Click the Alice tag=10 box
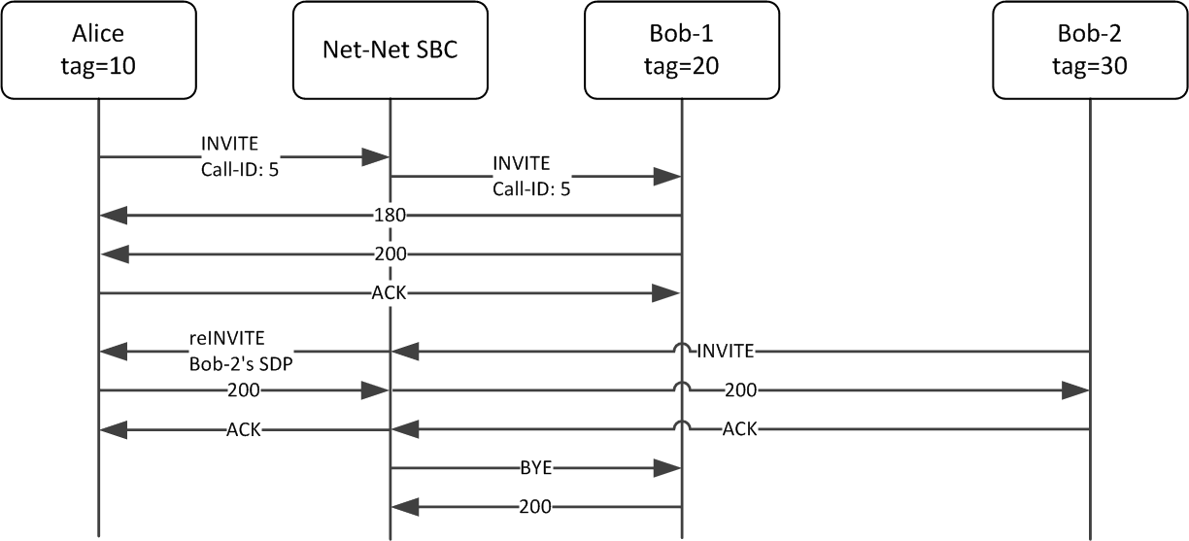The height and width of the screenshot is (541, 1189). (98, 49)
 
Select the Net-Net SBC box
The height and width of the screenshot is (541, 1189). (390, 49)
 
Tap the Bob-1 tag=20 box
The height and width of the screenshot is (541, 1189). (681, 49)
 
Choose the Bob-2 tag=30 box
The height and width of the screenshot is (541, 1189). (1089, 49)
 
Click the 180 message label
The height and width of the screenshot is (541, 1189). (390, 215)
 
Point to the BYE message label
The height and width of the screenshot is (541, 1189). (535, 467)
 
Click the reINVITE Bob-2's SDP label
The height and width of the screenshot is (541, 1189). (242, 352)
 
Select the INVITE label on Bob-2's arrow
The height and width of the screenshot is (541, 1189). (724, 351)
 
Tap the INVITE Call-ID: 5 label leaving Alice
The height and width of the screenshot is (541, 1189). (231, 157)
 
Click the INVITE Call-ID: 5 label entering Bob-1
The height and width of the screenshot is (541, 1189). (531, 177)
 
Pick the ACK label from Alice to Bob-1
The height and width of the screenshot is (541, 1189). (390, 292)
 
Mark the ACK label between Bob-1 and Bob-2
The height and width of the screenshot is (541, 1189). (739, 428)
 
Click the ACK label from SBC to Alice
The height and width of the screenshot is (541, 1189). (243, 428)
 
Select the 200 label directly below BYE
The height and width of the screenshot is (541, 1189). (535, 506)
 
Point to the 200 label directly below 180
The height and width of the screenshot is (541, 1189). (390, 254)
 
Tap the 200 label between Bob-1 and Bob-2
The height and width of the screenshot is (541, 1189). (739, 389)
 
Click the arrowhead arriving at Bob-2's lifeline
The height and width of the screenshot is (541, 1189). (1075, 389)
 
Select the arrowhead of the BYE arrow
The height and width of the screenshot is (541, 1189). (666, 467)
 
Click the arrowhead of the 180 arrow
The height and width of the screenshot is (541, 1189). (114, 215)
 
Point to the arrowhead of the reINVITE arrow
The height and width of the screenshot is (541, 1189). (114, 351)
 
